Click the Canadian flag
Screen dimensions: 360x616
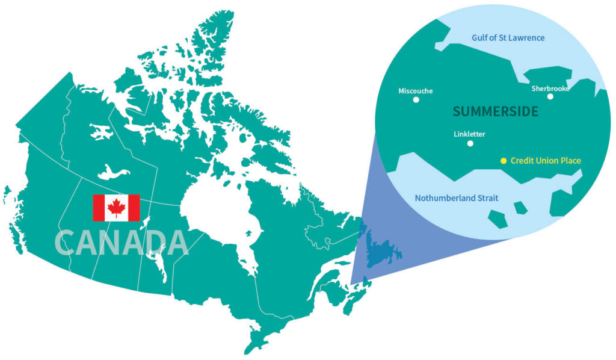pyautogui.click(x=116, y=208)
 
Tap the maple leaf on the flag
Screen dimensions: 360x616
pyautogui.click(x=116, y=208)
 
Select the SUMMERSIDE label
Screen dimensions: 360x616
pyautogui.click(x=495, y=111)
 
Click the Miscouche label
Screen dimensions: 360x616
pyautogui.click(x=416, y=92)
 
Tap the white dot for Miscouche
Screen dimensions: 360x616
pyautogui.click(x=416, y=100)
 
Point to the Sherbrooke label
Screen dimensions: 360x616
pyautogui.click(x=550, y=88)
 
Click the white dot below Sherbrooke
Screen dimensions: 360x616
pyautogui.click(x=550, y=96)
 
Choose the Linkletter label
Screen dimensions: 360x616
pyautogui.click(x=469, y=134)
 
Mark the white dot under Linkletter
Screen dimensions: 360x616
pyautogui.click(x=470, y=143)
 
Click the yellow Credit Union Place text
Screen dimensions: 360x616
pyautogui.click(x=546, y=161)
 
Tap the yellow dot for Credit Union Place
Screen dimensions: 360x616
pyautogui.click(x=504, y=161)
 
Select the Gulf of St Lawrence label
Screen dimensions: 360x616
pyautogui.click(x=509, y=38)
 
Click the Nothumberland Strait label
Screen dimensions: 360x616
pyautogui.click(x=457, y=198)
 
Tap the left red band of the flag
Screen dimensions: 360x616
pyautogui.click(x=98, y=208)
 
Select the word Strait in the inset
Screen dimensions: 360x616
pyautogui.click(x=486, y=198)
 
